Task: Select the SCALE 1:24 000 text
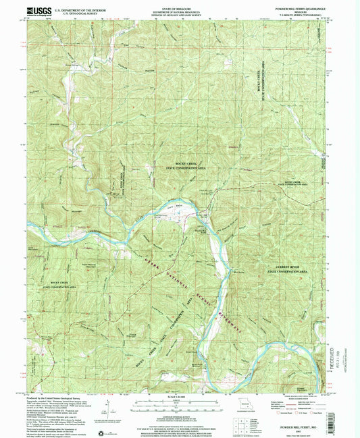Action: [x=180, y=398]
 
